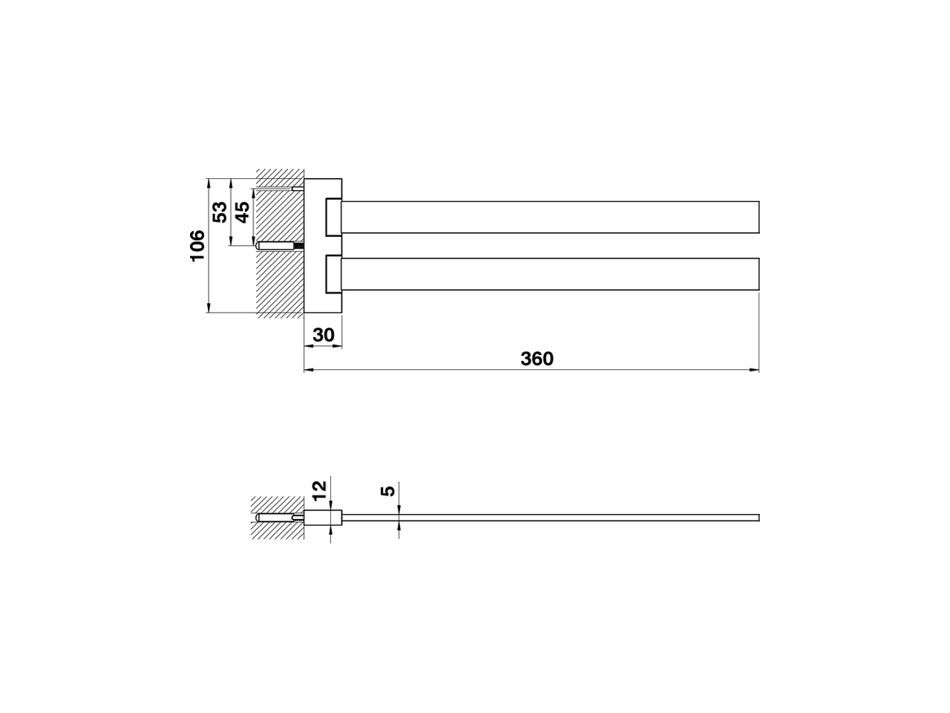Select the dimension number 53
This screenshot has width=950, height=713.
point(220,212)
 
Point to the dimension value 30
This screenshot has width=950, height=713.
point(323,335)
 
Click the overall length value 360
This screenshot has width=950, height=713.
point(537,359)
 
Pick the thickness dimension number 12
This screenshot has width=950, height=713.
point(319,489)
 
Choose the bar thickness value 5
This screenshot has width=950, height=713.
point(386,492)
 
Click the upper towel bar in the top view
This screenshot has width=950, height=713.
point(549,217)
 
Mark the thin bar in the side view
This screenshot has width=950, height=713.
point(549,517)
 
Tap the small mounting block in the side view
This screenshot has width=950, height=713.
point(324,517)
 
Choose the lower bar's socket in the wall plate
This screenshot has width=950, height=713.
point(333,273)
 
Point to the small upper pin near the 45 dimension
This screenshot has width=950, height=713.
point(297,189)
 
